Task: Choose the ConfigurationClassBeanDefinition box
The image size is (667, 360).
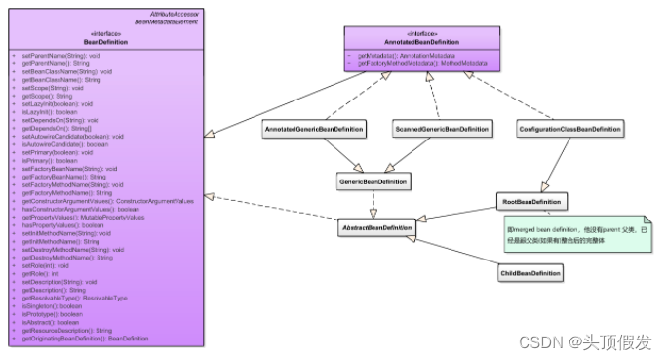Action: pyautogui.click(x=569, y=129)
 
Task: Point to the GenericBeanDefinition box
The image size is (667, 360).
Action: pyautogui.click(x=373, y=181)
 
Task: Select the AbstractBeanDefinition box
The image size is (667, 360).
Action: pyautogui.click(x=375, y=227)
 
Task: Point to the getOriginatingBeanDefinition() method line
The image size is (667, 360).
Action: pyautogui.click(x=86, y=339)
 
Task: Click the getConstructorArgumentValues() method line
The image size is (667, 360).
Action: pyautogui.click(x=107, y=200)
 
